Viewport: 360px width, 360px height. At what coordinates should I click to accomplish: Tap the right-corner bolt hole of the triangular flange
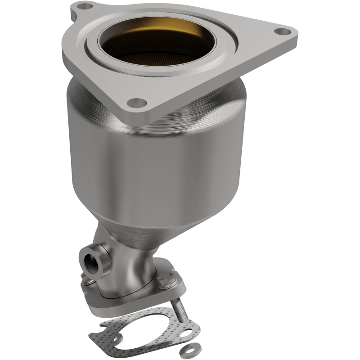click(x=281, y=32)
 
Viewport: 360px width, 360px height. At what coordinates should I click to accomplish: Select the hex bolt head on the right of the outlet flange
click(x=172, y=280)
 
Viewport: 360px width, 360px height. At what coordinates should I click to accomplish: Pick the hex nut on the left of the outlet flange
click(x=86, y=280)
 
